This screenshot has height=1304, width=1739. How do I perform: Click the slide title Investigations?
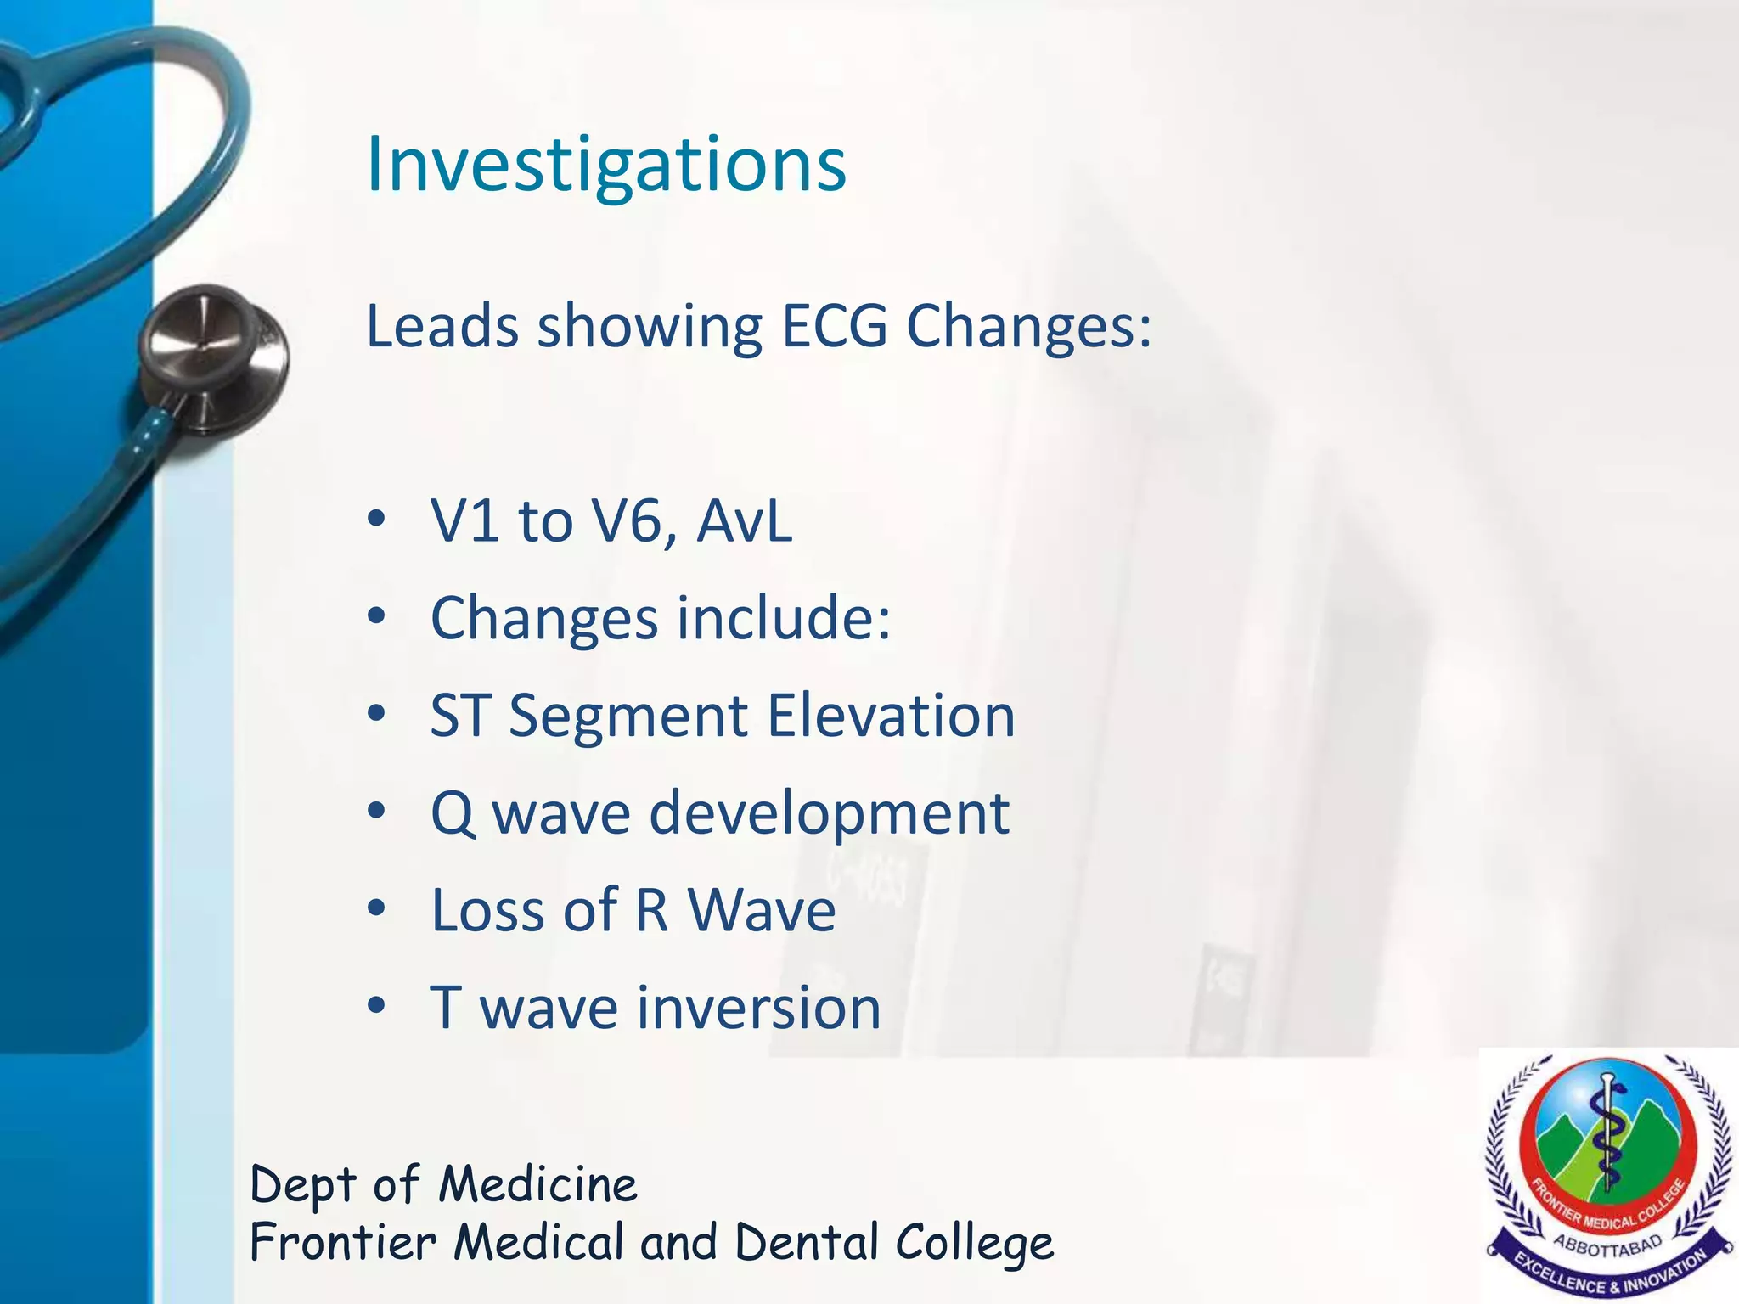tap(605, 165)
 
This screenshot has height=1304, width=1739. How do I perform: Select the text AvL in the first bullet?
tap(744, 520)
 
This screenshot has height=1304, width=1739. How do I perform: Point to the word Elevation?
tap(891, 716)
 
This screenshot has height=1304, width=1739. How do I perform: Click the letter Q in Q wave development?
tap(453, 813)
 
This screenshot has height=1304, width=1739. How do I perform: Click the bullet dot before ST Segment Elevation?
tap(377, 715)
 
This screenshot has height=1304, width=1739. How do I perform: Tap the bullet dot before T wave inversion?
tap(377, 1007)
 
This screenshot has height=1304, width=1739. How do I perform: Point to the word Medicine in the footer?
tap(537, 1185)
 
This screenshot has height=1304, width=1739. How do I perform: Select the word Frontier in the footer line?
tap(343, 1243)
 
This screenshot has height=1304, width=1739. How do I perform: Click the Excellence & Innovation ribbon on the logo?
tap(1610, 1273)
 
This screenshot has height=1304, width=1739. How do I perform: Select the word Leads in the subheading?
tap(441, 326)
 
